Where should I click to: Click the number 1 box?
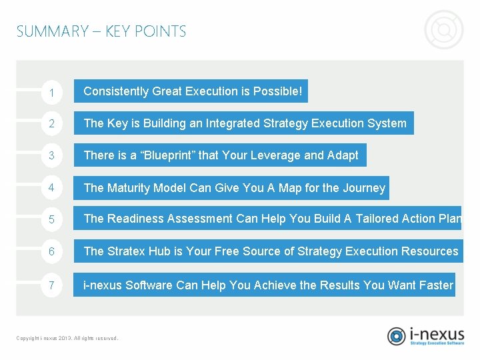pyautogui.click(x=51, y=92)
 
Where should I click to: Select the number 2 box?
pyautogui.click(x=51, y=123)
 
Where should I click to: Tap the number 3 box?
pyautogui.click(x=51, y=156)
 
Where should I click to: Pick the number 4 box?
pyautogui.click(x=51, y=188)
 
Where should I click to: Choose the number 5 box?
pyautogui.click(x=51, y=219)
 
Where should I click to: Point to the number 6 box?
pyautogui.click(x=51, y=251)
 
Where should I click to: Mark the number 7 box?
pyautogui.click(x=51, y=285)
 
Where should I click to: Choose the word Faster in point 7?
pyautogui.click(x=436, y=285)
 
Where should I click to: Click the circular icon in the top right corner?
pyautogui.click(x=443, y=30)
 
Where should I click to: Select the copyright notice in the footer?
pyautogui.click(x=67, y=338)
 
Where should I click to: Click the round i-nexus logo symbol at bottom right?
pyautogui.click(x=397, y=335)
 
